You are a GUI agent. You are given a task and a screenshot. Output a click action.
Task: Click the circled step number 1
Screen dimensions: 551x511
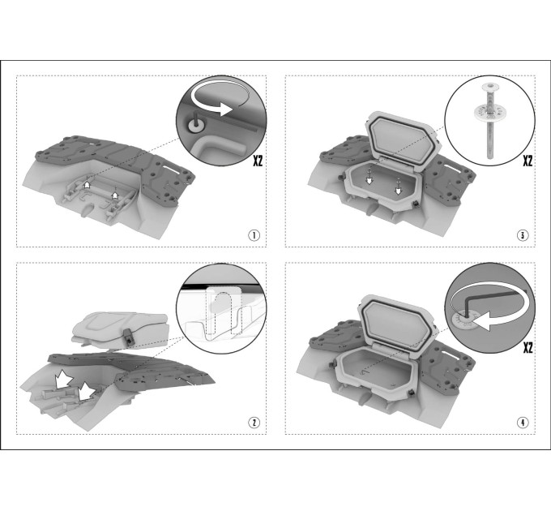click(254, 235)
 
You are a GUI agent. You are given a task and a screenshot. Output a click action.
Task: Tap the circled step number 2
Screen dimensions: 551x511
click(254, 422)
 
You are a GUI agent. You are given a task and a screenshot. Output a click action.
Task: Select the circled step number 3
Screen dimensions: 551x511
click(523, 235)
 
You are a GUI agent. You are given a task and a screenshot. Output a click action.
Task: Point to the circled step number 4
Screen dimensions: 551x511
click(523, 422)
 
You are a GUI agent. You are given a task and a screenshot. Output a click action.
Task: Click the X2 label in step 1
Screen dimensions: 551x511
click(258, 161)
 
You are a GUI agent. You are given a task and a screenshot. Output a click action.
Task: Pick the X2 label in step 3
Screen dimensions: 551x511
click(528, 161)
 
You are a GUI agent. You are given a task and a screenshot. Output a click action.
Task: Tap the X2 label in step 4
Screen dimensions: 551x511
click(528, 348)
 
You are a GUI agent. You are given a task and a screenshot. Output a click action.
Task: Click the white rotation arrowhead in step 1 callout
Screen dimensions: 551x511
click(225, 109)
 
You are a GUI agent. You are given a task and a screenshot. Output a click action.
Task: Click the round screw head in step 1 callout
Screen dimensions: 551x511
click(194, 125)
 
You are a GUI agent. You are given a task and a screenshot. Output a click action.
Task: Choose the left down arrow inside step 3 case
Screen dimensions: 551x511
click(369, 180)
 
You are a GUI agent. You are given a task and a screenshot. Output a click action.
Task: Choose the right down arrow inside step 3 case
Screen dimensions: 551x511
click(398, 191)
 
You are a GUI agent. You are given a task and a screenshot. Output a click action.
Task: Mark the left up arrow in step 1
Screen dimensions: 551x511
click(88, 184)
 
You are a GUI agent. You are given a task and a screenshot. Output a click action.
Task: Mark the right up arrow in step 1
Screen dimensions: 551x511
click(114, 195)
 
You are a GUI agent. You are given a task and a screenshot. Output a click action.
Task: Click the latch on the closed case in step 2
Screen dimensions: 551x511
click(128, 337)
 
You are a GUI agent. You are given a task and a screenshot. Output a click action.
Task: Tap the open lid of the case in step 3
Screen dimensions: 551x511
click(402, 141)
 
